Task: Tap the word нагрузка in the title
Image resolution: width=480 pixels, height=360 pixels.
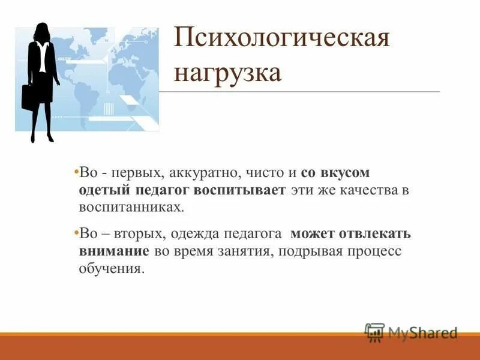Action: point(228,73)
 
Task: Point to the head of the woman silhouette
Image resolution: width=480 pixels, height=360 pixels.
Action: point(43,31)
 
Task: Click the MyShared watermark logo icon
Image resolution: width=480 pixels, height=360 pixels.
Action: point(374,332)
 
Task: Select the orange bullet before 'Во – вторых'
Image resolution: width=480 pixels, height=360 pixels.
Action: point(76,233)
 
